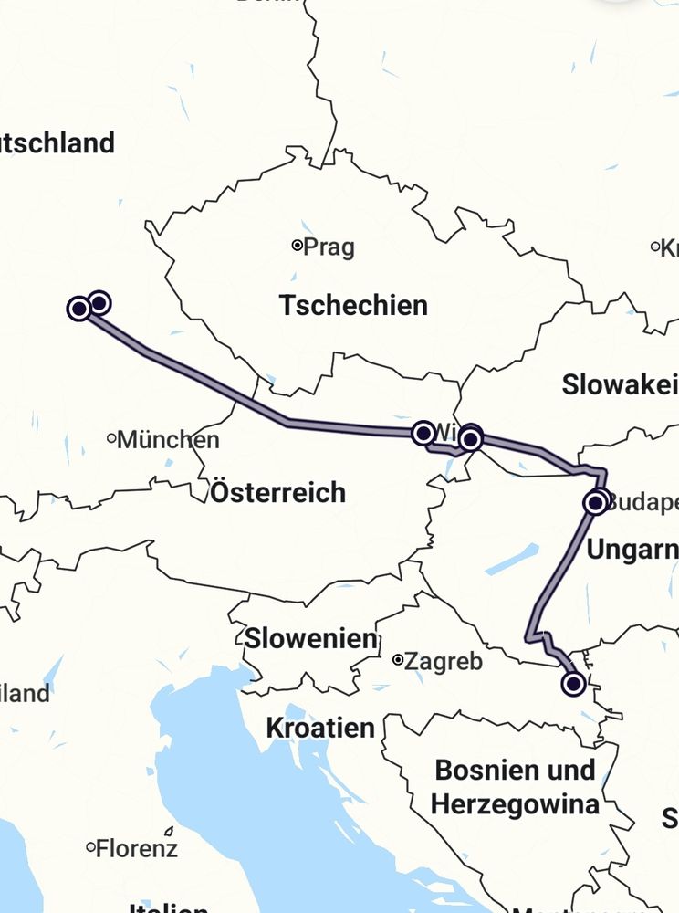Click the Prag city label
[x=329, y=247]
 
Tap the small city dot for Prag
[x=297, y=245]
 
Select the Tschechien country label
[x=353, y=305]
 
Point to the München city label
[x=169, y=440]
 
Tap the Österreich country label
[x=278, y=493]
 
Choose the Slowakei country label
[x=620, y=384]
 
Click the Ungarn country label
[x=632, y=550]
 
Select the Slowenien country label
[x=310, y=638]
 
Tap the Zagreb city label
[x=443, y=661]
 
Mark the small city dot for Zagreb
[x=397, y=659]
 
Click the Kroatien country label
[x=320, y=728]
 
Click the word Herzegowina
[x=515, y=804]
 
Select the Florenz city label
[x=136, y=848]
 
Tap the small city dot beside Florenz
[x=90, y=847]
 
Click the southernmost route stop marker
[x=573, y=683]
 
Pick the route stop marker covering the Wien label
[x=423, y=433]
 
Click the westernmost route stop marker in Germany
[x=79, y=309]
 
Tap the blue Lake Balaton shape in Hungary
[x=512, y=560]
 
